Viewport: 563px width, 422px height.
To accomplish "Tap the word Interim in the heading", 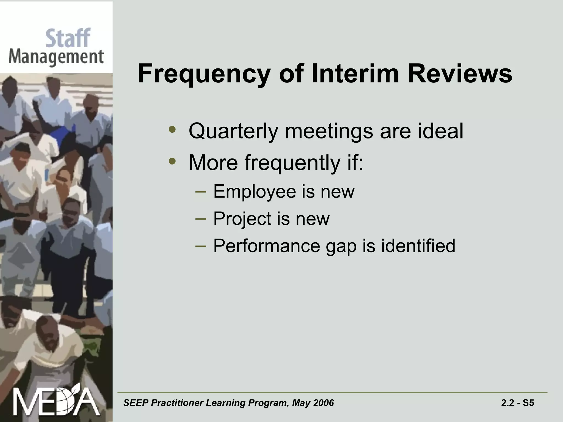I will (x=355, y=74).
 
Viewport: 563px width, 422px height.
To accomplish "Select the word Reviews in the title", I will (x=460, y=74).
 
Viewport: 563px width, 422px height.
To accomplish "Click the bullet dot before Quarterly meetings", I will (x=172, y=129).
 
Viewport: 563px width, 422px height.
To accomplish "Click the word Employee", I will (x=254, y=192).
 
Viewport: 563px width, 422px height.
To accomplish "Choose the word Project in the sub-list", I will (x=242, y=219).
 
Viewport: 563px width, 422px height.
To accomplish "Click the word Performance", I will (x=266, y=246).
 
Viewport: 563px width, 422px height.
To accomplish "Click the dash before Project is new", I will (x=200, y=219).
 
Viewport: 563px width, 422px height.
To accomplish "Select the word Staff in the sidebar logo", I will (x=68, y=38).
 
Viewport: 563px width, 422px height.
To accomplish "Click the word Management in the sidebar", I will (x=56, y=57).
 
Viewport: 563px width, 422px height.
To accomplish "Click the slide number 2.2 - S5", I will (x=517, y=403).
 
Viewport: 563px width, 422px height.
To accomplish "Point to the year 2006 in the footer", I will (x=324, y=403).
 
